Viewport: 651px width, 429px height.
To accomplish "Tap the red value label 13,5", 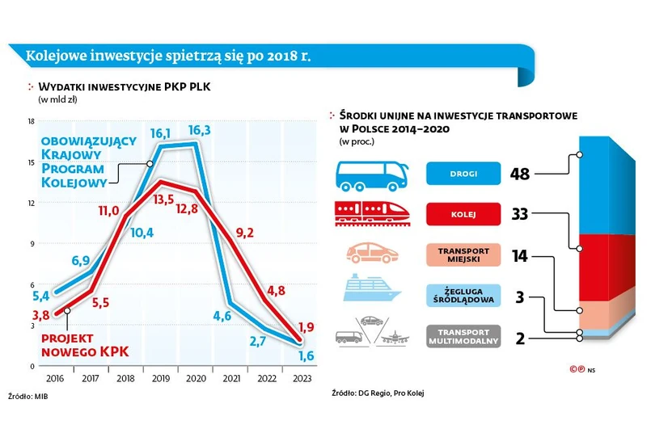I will click(164, 198).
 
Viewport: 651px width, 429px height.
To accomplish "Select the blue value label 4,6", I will click(222, 316).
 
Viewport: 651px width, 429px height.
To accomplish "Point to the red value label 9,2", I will click(243, 233).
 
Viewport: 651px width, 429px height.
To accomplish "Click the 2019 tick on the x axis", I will click(160, 376).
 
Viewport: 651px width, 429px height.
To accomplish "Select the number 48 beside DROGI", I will click(521, 174).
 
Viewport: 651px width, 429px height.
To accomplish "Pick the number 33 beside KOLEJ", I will click(521, 214).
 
